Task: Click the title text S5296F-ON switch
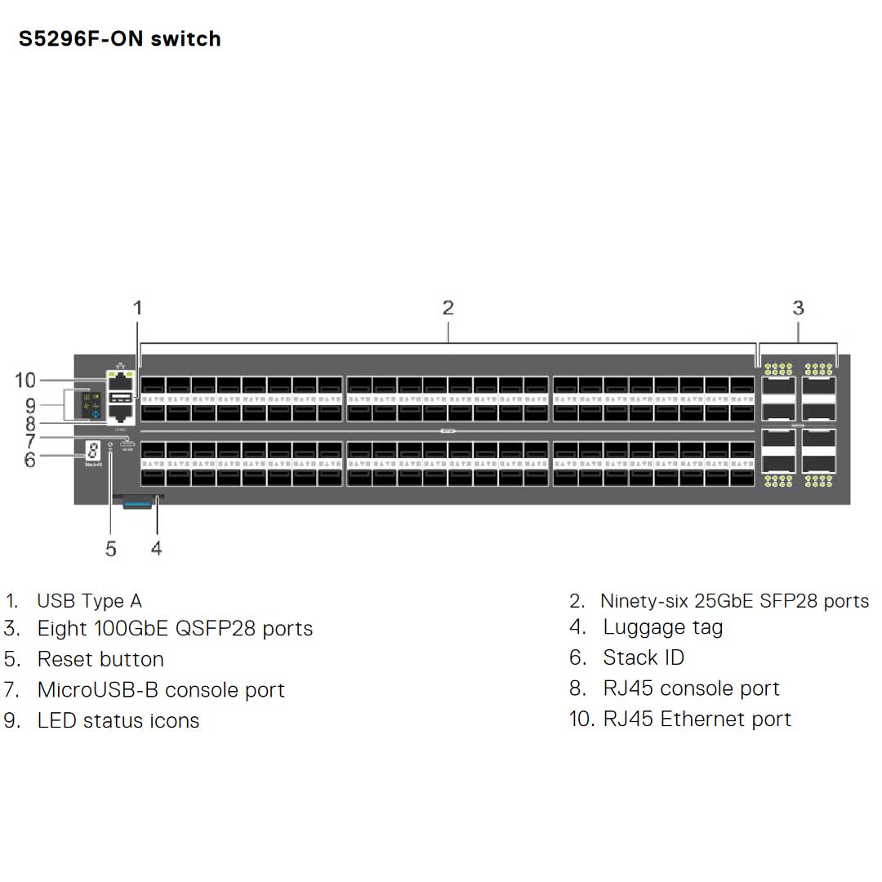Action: pos(120,38)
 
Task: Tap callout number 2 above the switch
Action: pos(448,308)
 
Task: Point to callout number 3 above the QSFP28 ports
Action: pos(798,308)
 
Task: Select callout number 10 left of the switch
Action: pos(26,380)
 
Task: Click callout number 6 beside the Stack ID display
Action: pos(30,460)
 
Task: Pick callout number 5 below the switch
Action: pos(111,549)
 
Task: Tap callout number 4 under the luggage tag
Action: pos(156,548)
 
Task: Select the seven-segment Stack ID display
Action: pos(93,450)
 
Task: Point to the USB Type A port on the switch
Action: pos(121,397)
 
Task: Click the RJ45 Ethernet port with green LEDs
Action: pos(121,379)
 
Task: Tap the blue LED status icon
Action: pos(96,415)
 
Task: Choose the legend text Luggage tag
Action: pos(663,627)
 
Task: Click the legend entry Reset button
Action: pos(100,659)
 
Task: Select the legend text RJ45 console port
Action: pos(691,688)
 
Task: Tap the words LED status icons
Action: pos(118,720)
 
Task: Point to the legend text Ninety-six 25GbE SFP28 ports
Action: pos(734,601)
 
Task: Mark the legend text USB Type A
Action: pos(89,601)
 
